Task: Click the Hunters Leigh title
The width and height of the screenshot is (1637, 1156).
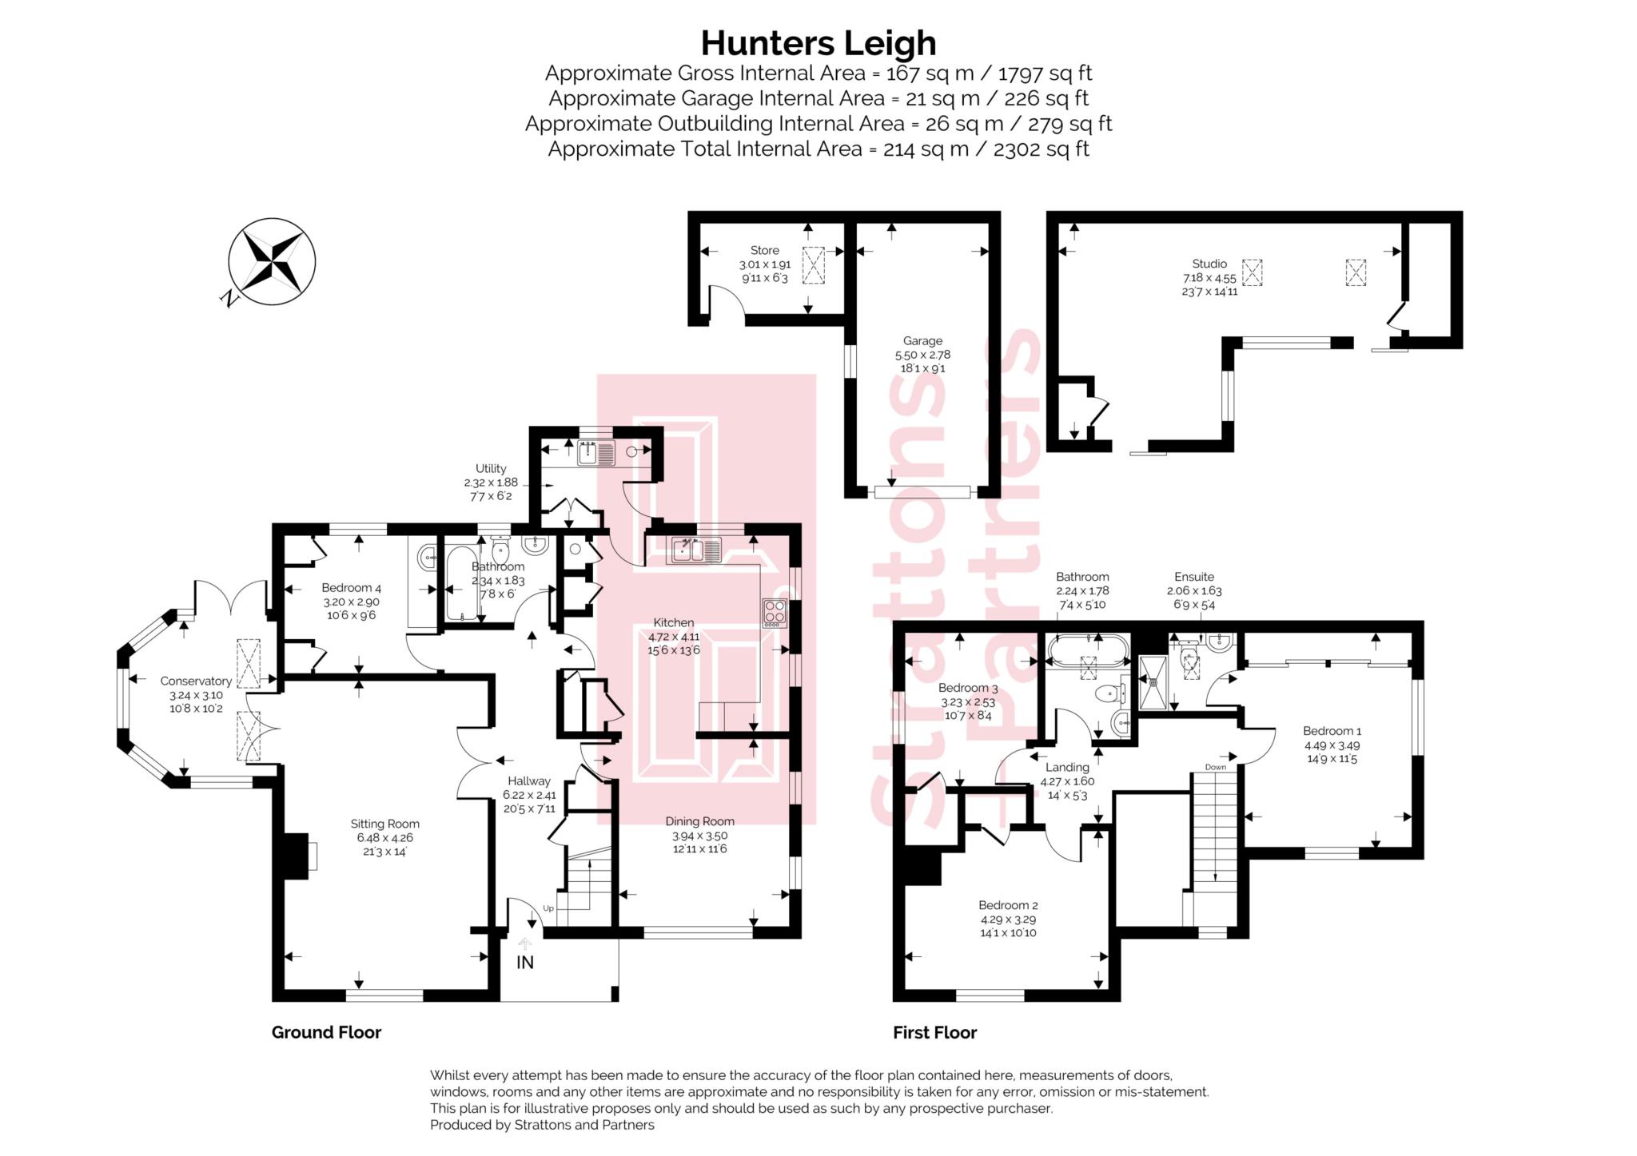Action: click(818, 43)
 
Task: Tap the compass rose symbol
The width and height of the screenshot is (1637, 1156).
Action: click(272, 260)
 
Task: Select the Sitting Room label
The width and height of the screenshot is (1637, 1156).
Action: click(384, 824)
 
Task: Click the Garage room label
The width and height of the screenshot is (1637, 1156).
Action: click(922, 340)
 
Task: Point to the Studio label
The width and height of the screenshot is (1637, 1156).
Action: click(1209, 264)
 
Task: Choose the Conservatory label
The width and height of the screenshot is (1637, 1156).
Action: click(196, 681)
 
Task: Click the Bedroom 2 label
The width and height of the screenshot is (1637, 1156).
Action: click(1008, 905)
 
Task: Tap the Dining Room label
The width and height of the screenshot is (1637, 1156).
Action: click(699, 821)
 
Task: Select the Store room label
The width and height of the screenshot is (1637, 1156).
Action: click(764, 250)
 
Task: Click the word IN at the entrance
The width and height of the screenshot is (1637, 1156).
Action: click(525, 963)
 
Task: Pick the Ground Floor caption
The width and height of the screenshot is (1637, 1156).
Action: click(326, 1032)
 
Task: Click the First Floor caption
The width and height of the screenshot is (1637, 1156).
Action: click(935, 1032)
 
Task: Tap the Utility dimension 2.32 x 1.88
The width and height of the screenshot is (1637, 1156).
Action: click(491, 483)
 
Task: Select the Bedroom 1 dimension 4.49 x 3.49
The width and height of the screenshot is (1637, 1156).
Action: click(1332, 745)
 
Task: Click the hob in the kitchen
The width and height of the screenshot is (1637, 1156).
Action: click(775, 612)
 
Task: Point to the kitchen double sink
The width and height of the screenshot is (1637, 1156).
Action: click(695, 550)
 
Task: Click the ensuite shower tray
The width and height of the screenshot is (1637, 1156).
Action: click(1153, 682)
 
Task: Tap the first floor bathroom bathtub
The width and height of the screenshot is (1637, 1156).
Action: click(1087, 652)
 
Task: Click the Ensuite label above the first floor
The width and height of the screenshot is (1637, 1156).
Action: click(1194, 577)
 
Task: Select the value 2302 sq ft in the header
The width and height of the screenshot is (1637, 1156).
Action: click(1042, 149)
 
